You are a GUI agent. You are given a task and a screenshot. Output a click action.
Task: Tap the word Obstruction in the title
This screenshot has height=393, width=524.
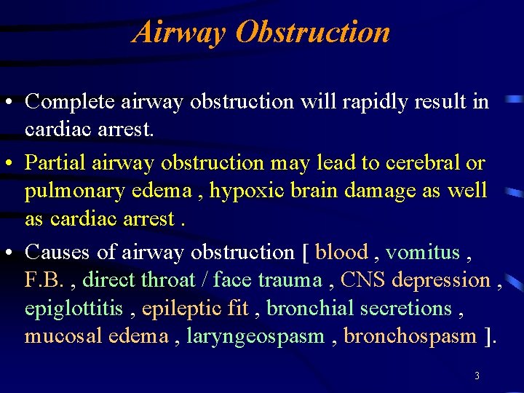(314, 32)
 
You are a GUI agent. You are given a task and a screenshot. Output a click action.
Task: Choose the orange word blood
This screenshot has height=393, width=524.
(341, 253)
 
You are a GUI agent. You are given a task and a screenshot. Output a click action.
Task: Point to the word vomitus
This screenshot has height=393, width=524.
(423, 253)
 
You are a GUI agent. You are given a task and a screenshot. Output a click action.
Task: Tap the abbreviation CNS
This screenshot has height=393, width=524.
(363, 280)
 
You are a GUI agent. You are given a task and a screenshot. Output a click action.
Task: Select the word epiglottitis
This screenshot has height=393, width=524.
(74, 309)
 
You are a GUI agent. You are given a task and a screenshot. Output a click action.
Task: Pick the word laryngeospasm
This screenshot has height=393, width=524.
(255, 336)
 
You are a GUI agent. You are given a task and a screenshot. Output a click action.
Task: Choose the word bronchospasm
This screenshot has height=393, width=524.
(410, 336)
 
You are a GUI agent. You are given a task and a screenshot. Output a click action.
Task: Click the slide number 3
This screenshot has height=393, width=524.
(476, 376)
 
